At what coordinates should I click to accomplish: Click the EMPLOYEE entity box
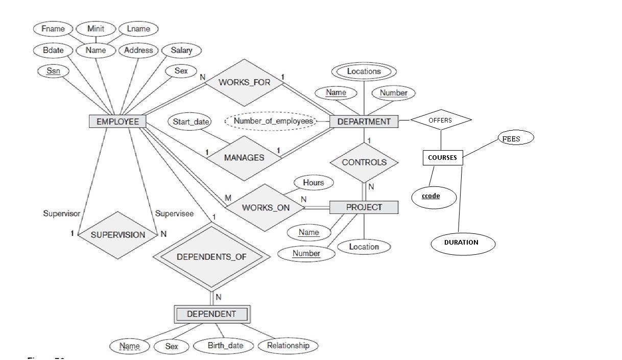coord(117,122)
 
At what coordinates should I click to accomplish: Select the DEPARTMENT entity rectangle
coord(364,122)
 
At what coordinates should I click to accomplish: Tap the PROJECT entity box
coord(364,207)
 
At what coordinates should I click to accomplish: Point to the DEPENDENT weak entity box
coord(211,314)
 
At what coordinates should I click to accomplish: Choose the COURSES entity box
coord(442,157)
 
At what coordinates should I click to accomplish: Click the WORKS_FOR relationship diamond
coord(244,82)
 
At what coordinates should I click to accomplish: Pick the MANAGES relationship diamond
coord(244,158)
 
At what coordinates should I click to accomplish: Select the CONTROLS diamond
coord(364,162)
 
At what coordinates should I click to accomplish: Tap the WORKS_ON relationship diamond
coord(265,208)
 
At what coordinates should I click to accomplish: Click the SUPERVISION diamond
coord(117,235)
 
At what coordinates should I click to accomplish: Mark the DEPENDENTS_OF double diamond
coord(211,257)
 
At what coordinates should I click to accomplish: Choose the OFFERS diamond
coord(440,121)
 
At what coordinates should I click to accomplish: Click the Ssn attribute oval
coord(53,71)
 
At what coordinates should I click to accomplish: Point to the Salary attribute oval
coord(181,50)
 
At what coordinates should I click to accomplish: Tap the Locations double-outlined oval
coord(364,71)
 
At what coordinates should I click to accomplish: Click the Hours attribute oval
coord(313,183)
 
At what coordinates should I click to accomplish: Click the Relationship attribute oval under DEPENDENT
coord(288,346)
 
